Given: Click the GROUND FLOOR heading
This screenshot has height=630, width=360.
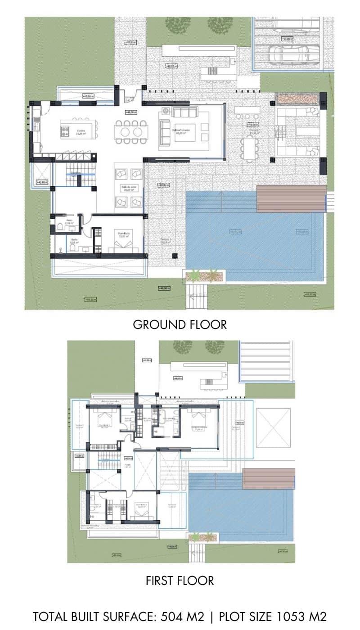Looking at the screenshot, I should (x=180, y=324).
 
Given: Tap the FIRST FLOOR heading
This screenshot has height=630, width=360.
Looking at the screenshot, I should (x=180, y=580).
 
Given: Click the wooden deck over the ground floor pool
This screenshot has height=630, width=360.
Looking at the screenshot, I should (x=291, y=198).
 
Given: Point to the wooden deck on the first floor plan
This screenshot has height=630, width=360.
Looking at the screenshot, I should (x=269, y=478).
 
